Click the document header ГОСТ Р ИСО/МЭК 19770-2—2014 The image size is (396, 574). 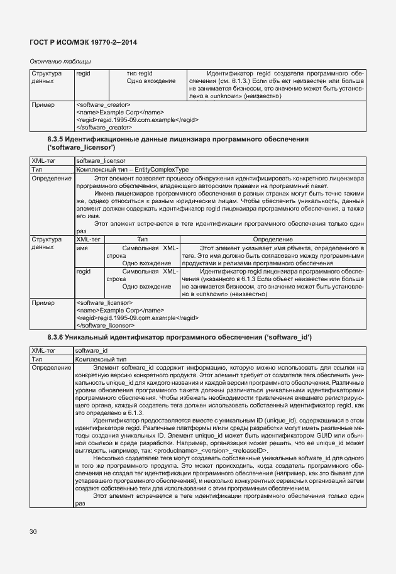(84, 41)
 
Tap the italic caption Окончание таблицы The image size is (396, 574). (60, 61)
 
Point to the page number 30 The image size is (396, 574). (33, 532)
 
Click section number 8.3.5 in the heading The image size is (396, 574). (56, 138)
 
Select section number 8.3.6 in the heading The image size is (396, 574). (56, 338)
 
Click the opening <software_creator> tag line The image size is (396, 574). (102, 104)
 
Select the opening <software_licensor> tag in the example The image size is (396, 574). (102, 302)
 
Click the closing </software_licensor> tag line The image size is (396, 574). (104, 326)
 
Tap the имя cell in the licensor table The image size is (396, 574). (81, 248)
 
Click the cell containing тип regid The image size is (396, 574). (140, 74)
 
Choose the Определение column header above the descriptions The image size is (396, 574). (272, 240)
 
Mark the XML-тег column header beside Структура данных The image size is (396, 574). (88, 240)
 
